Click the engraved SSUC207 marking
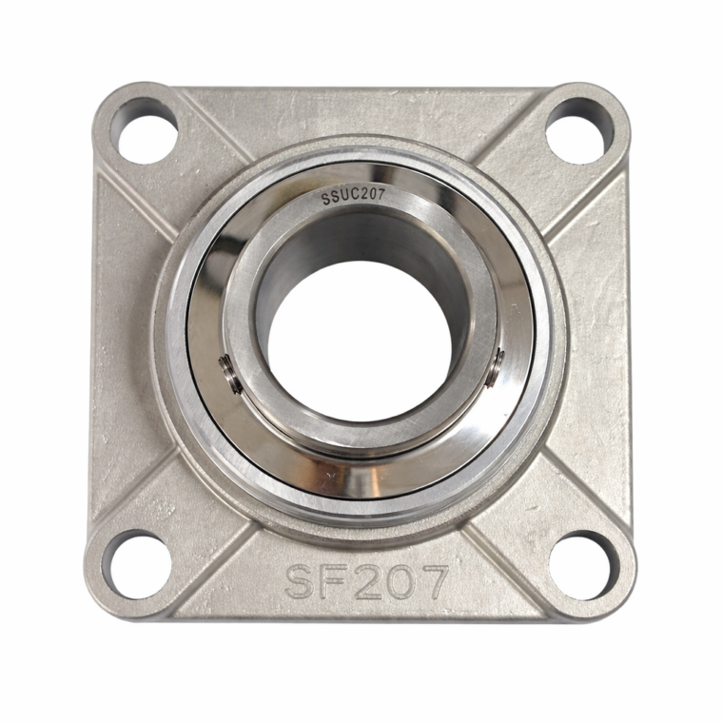(x=353, y=197)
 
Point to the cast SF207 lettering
(x=366, y=582)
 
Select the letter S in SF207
(x=302, y=583)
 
